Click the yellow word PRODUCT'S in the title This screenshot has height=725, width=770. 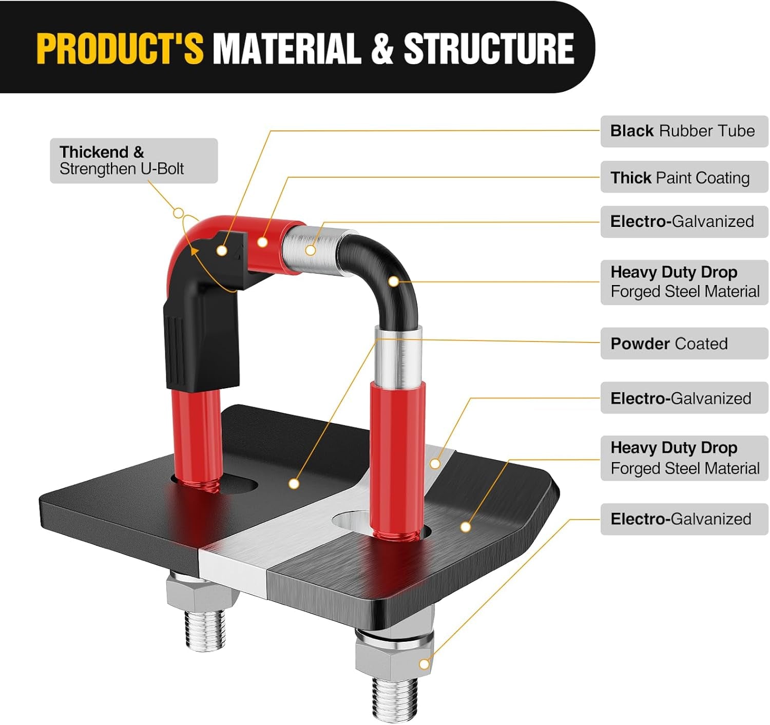tap(120, 48)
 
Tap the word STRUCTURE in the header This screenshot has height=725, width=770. tap(489, 48)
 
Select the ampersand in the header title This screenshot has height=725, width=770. tap(382, 48)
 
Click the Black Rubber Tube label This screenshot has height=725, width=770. tap(684, 131)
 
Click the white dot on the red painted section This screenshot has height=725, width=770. tap(263, 241)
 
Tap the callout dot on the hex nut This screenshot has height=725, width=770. tap(424, 664)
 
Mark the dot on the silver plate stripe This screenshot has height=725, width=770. tap(435, 464)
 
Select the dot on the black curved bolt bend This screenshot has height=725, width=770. tap(393, 281)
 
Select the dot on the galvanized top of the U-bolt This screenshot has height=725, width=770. tap(311, 251)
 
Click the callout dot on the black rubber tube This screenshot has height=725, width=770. tap(222, 251)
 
